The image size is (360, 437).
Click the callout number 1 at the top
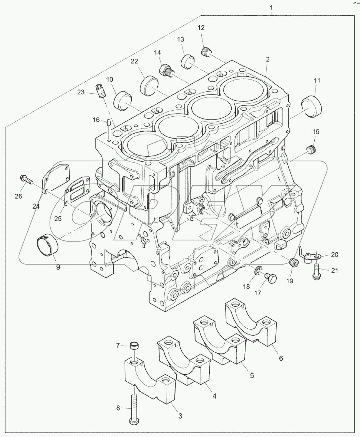pyautogui.click(x=272, y=8)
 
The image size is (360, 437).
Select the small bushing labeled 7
pyautogui.click(x=134, y=346)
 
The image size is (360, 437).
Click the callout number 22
pyautogui.click(x=134, y=61)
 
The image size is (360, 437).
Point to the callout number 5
pyautogui.click(x=251, y=375)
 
